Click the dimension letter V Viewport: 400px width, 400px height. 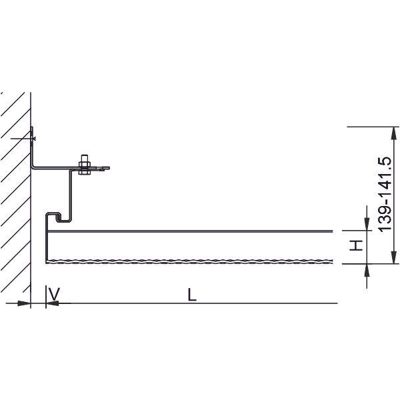click(55, 294)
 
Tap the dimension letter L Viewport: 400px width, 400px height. click(192, 295)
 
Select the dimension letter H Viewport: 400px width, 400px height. click(356, 245)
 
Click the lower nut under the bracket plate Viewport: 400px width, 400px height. click(85, 172)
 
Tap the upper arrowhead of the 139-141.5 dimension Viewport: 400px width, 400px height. click(394, 133)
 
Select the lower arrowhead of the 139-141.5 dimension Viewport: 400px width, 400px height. click(394, 257)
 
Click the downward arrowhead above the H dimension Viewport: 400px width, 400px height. click(367, 224)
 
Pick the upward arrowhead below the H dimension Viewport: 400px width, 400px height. click(367, 271)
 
